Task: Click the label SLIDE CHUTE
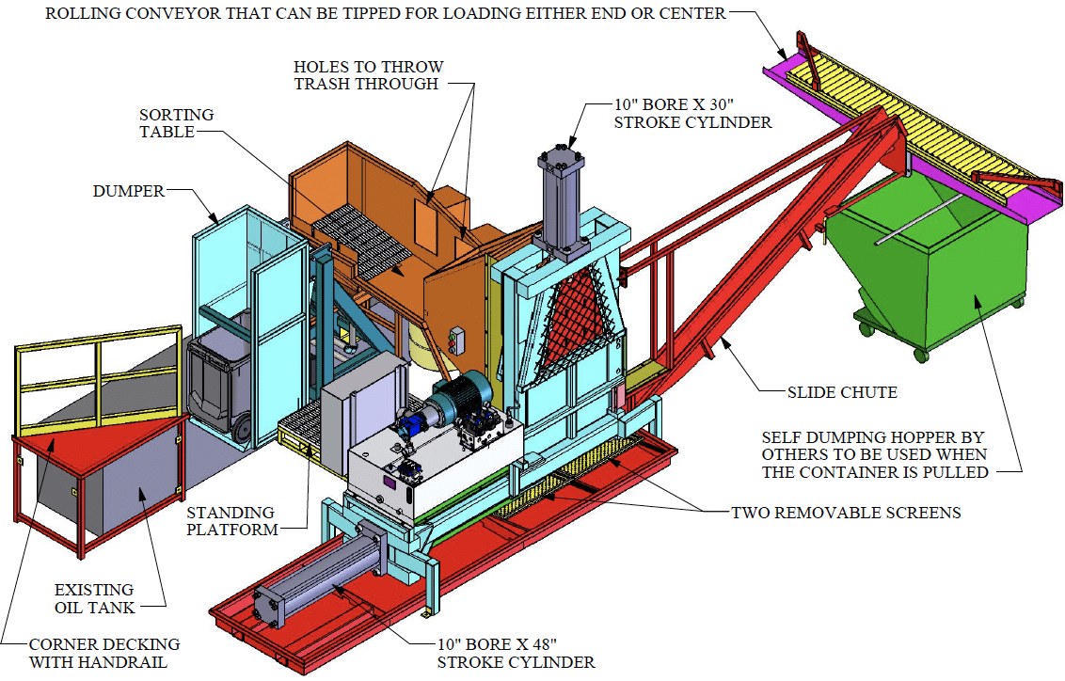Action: (x=842, y=391)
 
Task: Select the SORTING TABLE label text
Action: (x=176, y=123)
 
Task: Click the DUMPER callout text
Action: (x=128, y=191)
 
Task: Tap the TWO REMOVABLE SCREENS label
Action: (x=846, y=513)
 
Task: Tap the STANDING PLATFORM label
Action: (x=230, y=521)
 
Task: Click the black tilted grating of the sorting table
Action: (x=362, y=235)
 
